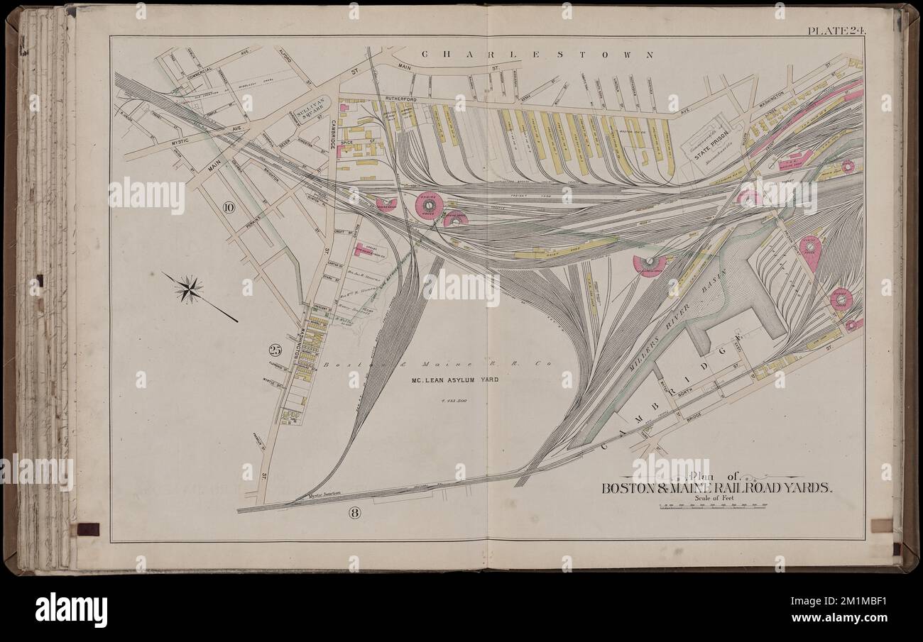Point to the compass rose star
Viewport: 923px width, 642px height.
pos(190,288)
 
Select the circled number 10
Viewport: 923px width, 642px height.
pos(228,207)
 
